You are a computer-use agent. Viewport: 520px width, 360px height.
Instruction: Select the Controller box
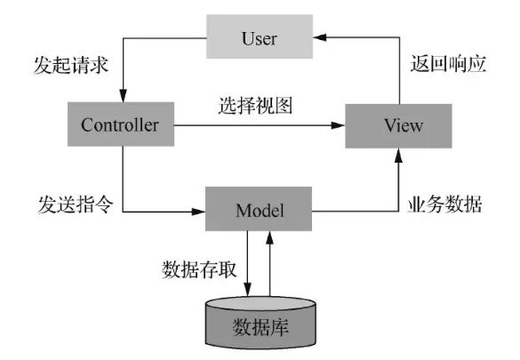(121, 124)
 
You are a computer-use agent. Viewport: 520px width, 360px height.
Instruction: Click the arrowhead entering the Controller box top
(122, 96)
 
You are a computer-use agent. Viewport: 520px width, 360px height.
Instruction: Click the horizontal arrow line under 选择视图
(257, 126)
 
